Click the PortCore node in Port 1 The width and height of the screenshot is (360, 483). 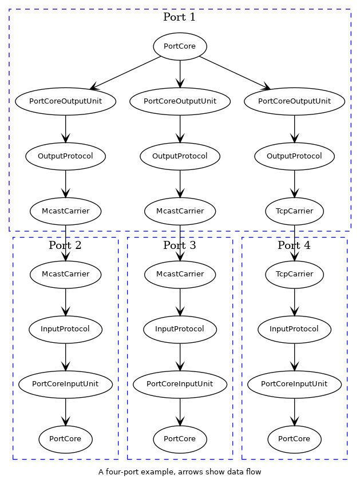[180, 46]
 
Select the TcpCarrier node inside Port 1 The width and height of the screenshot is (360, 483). [294, 211]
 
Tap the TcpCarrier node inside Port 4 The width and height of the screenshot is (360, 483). [294, 274]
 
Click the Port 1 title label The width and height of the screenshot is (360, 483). [179, 17]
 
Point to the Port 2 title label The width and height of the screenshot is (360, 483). [65, 246]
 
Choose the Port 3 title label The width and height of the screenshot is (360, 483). [179, 246]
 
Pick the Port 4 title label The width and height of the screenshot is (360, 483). [294, 246]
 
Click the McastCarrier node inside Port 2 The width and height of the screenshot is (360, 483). [65, 274]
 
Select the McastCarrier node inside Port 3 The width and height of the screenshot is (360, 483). [180, 274]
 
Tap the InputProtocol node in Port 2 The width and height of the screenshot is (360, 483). [65, 329]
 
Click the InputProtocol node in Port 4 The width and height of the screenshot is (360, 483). [294, 329]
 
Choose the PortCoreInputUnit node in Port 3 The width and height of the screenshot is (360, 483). [180, 384]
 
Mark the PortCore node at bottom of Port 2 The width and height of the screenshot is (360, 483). [65, 439]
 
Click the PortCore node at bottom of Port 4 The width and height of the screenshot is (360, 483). [294, 439]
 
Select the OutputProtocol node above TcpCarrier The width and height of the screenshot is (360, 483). [294, 156]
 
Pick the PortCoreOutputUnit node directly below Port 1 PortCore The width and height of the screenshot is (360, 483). [180, 101]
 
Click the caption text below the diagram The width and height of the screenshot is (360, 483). [180, 472]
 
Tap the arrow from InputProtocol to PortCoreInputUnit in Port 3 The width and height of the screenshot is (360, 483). [180, 357]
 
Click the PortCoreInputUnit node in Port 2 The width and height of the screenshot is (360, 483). [65, 384]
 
